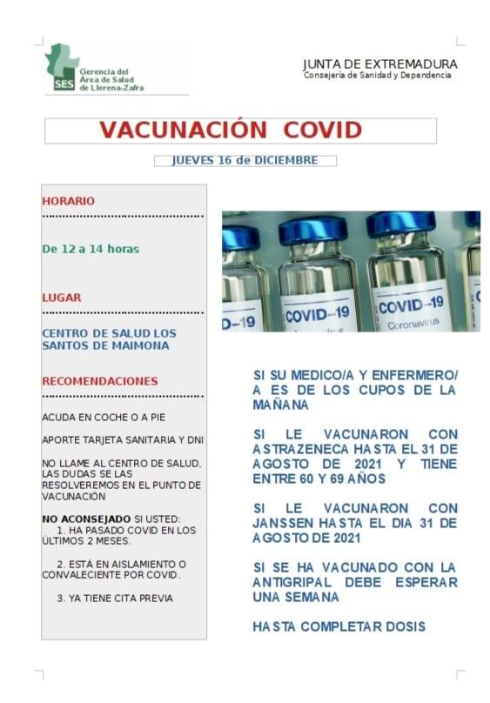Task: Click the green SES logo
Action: pos(63,68)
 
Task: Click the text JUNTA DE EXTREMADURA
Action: pos(379,64)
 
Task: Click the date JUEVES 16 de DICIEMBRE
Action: pos(245,160)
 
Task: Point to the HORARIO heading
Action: pos(69,201)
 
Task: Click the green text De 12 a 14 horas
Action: pos(91,249)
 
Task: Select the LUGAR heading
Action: pos(62,298)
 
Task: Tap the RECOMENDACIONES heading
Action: pos(100,381)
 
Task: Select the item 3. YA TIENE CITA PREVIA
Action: pos(115,598)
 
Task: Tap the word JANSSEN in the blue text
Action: pos(283,523)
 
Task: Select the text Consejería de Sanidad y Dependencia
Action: pos(377,76)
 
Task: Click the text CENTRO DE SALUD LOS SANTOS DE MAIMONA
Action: pos(109,339)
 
